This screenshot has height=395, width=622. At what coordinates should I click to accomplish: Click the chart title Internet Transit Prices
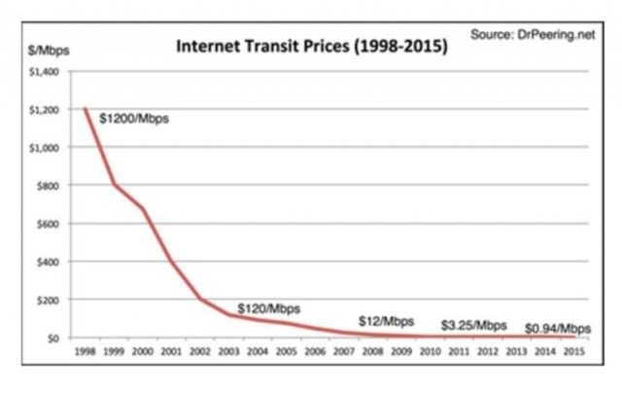click(x=310, y=46)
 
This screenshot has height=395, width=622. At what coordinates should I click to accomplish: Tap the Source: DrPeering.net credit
click(x=531, y=34)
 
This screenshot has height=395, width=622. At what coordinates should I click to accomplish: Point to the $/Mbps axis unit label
click(x=49, y=48)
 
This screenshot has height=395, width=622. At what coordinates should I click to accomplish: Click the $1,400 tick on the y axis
click(x=47, y=72)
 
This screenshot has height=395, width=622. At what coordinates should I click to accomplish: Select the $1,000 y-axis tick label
click(x=47, y=148)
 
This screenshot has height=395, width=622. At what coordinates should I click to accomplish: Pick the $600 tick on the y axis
click(x=51, y=224)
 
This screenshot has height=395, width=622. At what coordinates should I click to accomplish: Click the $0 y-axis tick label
click(x=54, y=338)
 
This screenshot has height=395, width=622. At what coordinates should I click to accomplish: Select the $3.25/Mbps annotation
click(x=473, y=324)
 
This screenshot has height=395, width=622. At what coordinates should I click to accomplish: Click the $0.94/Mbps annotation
click(x=558, y=327)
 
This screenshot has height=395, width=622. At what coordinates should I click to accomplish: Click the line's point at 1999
click(x=114, y=185)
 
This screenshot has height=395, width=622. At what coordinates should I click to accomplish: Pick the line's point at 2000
click(x=144, y=208)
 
